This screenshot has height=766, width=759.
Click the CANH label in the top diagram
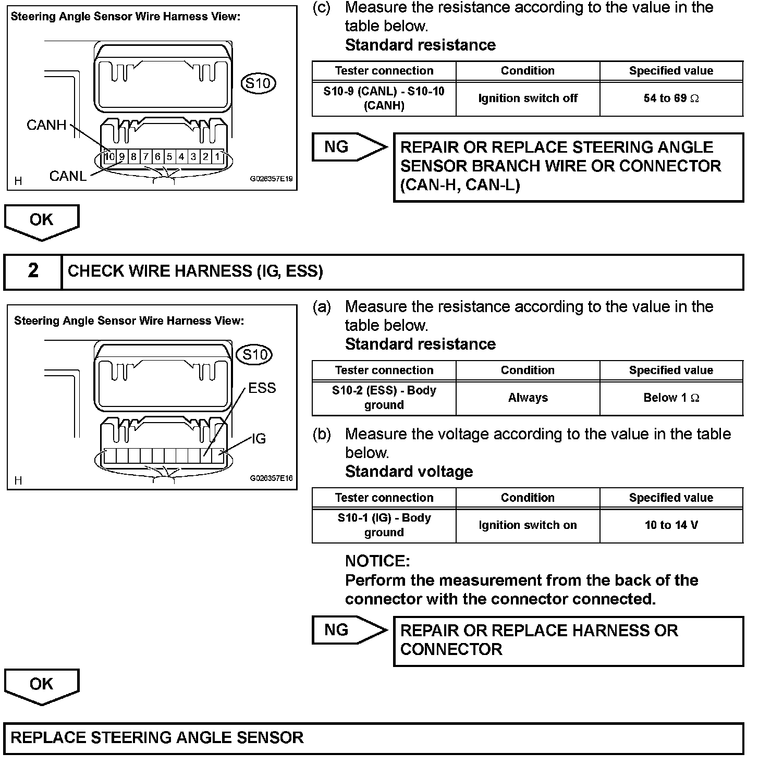(46, 125)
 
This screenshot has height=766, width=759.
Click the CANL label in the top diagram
(68, 176)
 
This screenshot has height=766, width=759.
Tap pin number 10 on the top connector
(109, 156)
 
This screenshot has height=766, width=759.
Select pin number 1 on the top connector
(218, 156)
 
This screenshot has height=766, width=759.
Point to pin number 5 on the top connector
(169, 156)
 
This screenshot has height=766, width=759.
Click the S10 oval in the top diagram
(259, 83)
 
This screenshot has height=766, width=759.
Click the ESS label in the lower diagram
(262, 388)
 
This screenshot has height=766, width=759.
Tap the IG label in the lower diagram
(259, 439)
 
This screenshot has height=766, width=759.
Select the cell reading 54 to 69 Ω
(671, 98)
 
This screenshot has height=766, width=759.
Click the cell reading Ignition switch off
(528, 98)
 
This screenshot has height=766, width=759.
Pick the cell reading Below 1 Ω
(671, 398)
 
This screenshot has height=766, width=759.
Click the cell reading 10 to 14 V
(671, 525)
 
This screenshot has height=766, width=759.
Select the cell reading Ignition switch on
(528, 525)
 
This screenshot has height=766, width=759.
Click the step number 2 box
(33, 271)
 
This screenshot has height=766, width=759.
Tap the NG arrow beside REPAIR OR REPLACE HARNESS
(347, 630)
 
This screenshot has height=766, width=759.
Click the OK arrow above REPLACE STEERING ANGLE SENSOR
(41, 685)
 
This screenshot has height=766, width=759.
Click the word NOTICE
(377, 561)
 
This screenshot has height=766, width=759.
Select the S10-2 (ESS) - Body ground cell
(384, 398)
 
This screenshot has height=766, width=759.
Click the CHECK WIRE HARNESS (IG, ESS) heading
(195, 271)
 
